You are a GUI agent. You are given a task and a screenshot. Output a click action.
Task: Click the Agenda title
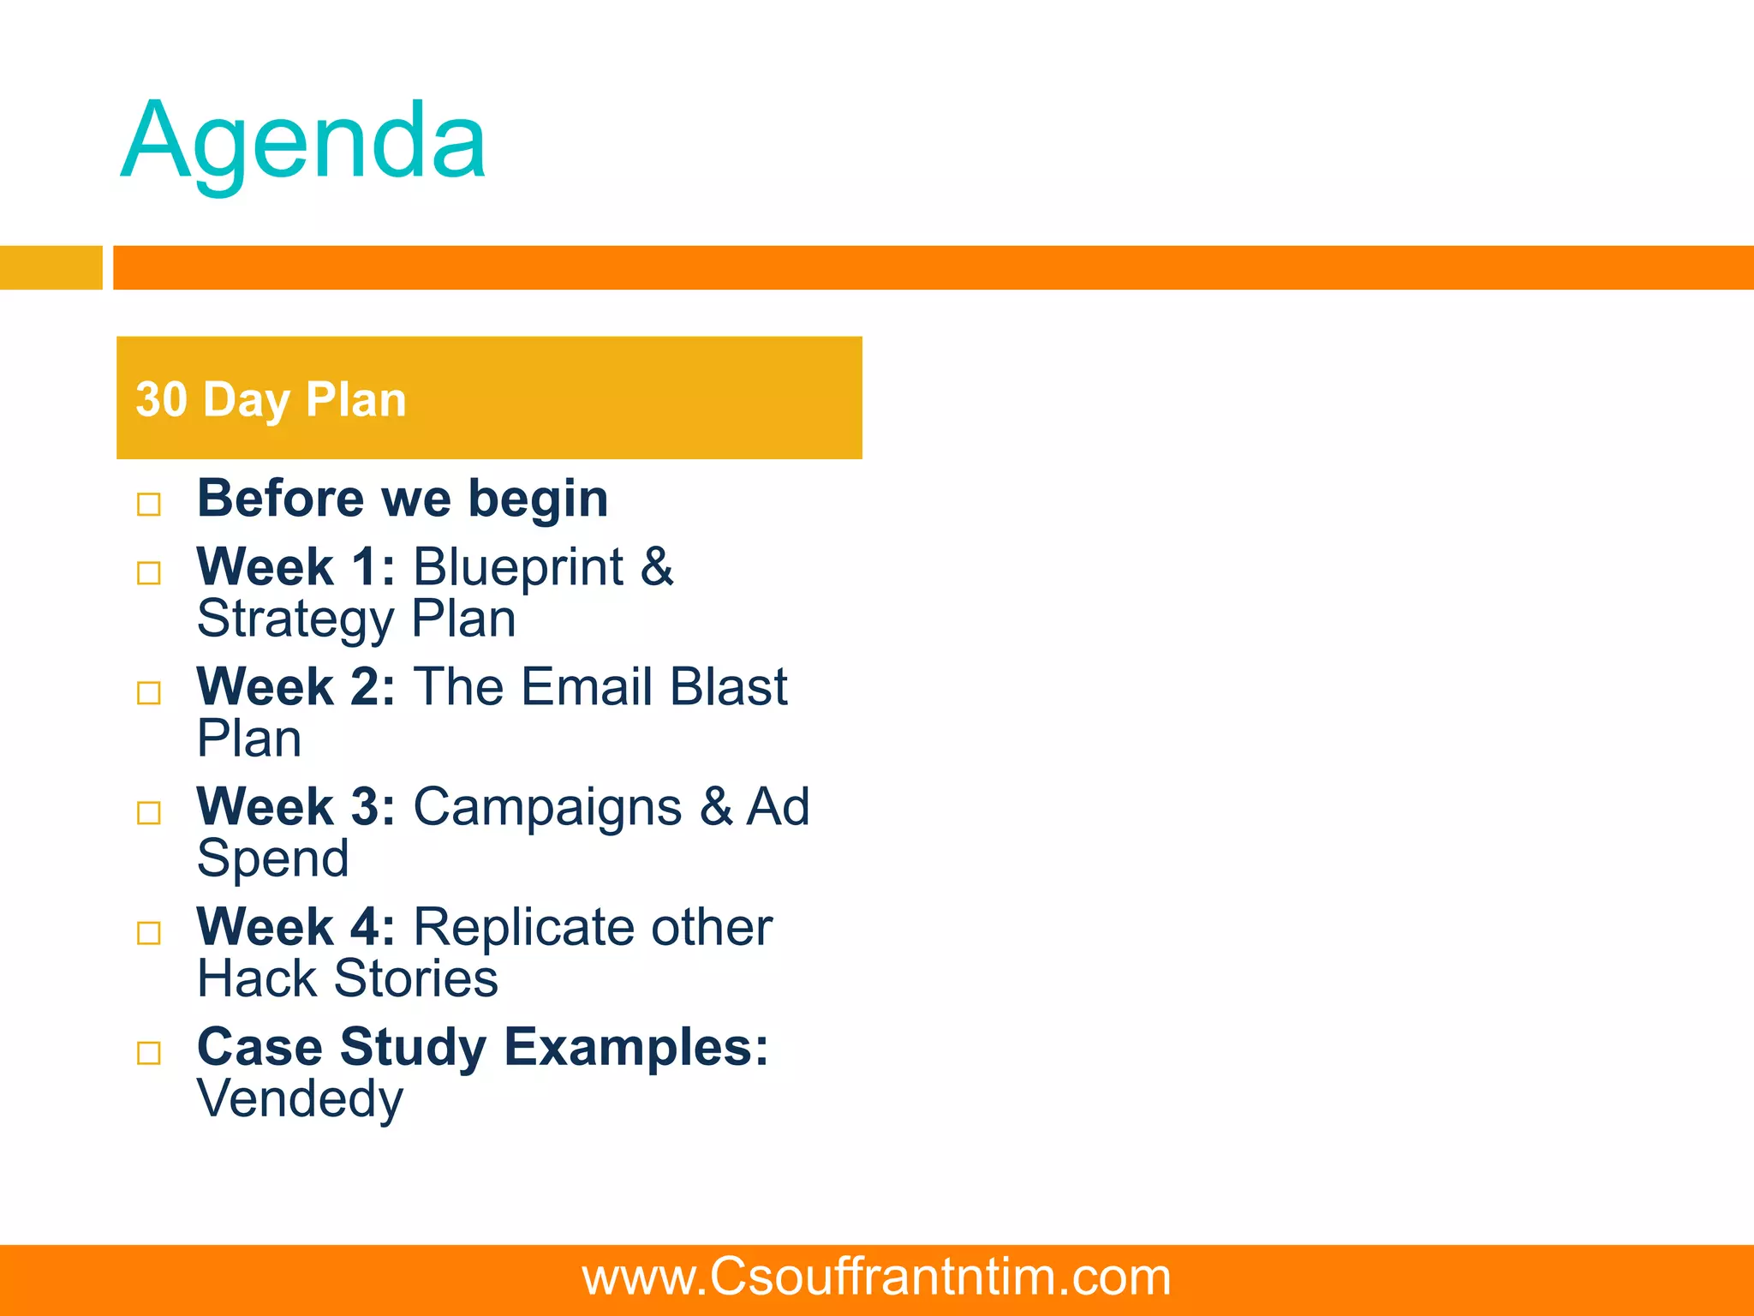pyautogui.click(x=304, y=141)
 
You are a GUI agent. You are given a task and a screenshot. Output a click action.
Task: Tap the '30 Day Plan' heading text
pyautogui.click(x=271, y=399)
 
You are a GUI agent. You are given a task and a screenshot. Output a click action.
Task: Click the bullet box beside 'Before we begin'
pyautogui.click(x=149, y=504)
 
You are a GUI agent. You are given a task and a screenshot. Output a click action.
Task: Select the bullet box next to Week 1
pyautogui.click(x=149, y=572)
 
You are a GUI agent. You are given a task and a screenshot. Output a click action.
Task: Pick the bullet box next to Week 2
pyautogui.click(x=149, y=692)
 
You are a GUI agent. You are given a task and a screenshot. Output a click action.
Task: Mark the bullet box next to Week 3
pyautogui.click(x=149, y=812)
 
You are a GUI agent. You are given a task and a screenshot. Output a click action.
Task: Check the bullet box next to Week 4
pyautogui.click(x=149, y=932)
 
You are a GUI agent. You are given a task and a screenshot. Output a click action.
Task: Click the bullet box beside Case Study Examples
pyautogui.click(x=149, y=1052)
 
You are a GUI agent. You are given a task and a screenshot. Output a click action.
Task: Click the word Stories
pyautogui.click(x=416, y=979)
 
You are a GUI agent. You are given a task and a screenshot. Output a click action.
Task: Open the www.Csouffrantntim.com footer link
pyautogui.click(x=876, y=1277)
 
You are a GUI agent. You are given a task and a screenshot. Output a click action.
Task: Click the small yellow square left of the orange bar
pyautogui.click(x=51, y=267)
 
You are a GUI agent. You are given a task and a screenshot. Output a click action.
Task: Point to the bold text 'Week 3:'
pyautogui.click(x=296, y=807)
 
